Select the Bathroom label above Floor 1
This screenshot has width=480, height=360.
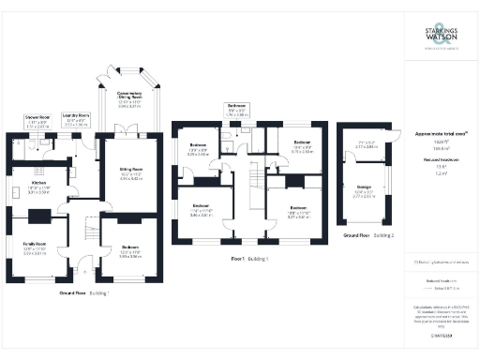236,108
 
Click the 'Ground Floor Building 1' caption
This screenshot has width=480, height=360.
85,293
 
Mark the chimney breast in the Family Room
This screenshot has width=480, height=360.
39,217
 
